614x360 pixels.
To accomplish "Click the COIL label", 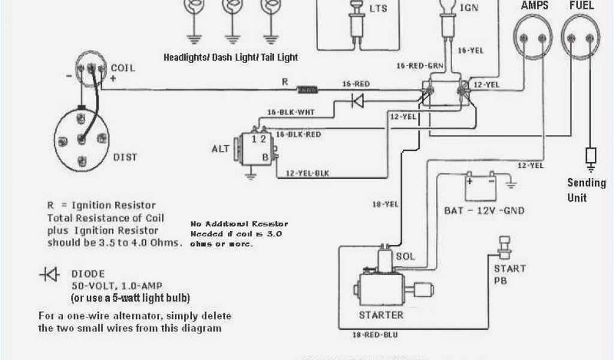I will click(123, 68).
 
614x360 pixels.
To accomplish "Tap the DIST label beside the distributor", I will click(125, 157).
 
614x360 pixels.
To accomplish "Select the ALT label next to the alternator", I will click(220, 148).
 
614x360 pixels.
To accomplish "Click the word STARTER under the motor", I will click(381, 314).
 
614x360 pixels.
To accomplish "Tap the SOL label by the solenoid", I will click(405, 257).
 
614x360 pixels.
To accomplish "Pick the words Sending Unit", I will click(586, 190).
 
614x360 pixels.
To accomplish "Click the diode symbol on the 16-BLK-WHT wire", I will click(357, 101).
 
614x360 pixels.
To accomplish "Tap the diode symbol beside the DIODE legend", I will click(50, 275).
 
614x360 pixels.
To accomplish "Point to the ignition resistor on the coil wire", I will click(308, 90).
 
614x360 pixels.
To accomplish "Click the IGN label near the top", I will click(469, 7).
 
